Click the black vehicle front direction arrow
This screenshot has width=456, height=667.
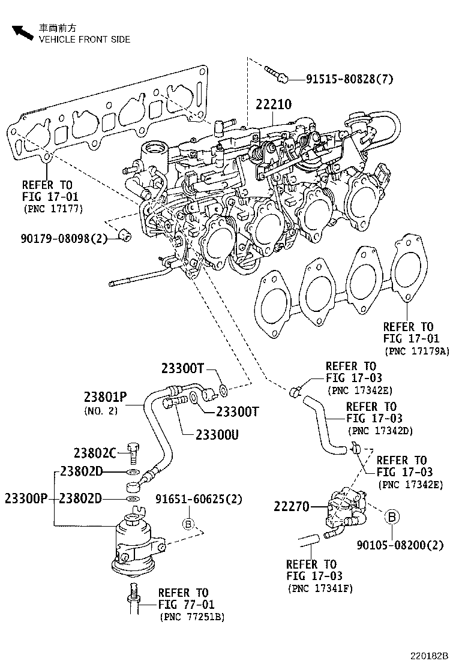(22, 32)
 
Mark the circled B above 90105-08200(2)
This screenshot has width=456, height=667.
(391, 516)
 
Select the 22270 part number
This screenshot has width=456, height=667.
(292, 507)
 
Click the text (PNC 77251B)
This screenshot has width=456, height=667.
(191, 617)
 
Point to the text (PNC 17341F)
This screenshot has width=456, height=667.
(320, 588)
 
